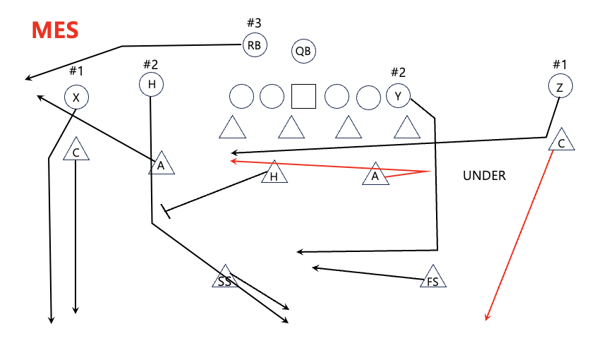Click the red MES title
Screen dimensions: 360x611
[x=55, y=30]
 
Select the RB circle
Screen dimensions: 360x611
[x=255, y=45]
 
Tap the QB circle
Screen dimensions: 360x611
[x=303, y=50]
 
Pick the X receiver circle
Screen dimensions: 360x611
[x=76, y=97]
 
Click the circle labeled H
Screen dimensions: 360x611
[x=151, y=85]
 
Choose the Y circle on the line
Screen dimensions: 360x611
[x=398, y=96]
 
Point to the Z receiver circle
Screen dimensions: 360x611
[x=559, y=86]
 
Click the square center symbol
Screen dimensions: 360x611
[x=303, y=96]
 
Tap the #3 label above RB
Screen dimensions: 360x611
[x=254, y=23]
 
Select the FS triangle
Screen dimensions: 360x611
[x=433, y=278]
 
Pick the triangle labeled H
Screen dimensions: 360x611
[x=274, y=174]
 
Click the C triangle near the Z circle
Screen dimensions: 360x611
[x=562, y=141]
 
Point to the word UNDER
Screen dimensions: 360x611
[x=484, y=176]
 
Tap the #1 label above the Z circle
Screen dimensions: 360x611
[x=559, y=65]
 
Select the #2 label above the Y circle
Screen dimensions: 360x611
[x=398, y=72]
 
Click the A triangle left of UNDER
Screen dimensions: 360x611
[x=375, y=175]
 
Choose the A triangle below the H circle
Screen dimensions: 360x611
[x=162, y=164]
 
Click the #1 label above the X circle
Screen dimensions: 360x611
[x=76, y=71]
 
